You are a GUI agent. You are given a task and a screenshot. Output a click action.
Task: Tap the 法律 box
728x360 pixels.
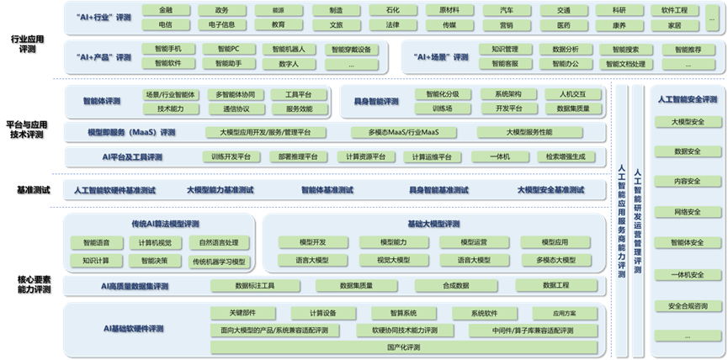pyautogui.click(x=393, y=25)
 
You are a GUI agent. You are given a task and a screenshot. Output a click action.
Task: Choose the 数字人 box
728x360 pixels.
pyautogui.click(x=289, y=64)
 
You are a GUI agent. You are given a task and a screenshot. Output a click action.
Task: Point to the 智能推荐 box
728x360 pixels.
pyautogui.click(x=688, y=50)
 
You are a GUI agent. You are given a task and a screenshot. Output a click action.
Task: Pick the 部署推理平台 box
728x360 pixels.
pyautogui.click(x=299, y=156)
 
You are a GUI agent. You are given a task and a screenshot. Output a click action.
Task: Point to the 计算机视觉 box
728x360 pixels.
pyautogui.click(x=155, y=243)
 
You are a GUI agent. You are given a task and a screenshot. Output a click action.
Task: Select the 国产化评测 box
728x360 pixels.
pyautogui.click(x=405, y=347)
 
